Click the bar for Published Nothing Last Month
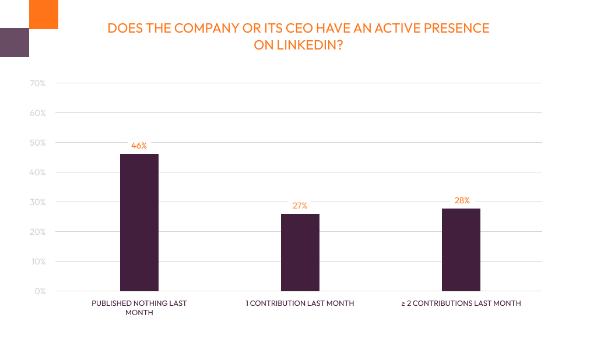(x=139, y=222)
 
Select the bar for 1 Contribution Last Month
(x=300, y=252)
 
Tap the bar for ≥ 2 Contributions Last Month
(x=461, y=249)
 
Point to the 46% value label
(x=139, y=146)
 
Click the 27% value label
(x=300, y=206)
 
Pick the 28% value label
(x=462, y=200)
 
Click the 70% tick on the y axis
(x=38, y=83)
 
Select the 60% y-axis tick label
(x=38, y=113)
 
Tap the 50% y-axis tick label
(x=38, y=143)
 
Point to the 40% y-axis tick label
(x=38, y=172)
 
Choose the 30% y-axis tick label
(x=38, y=202)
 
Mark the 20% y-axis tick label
(x=38, y=232)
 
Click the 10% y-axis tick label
(x=38, y=262)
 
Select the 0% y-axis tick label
(x=40, y=291)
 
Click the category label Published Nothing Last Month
(x=139, y=308)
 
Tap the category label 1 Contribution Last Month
(x=300, y=303)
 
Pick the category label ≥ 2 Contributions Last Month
(x=461, y=303)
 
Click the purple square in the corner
(x=14, y=43)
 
